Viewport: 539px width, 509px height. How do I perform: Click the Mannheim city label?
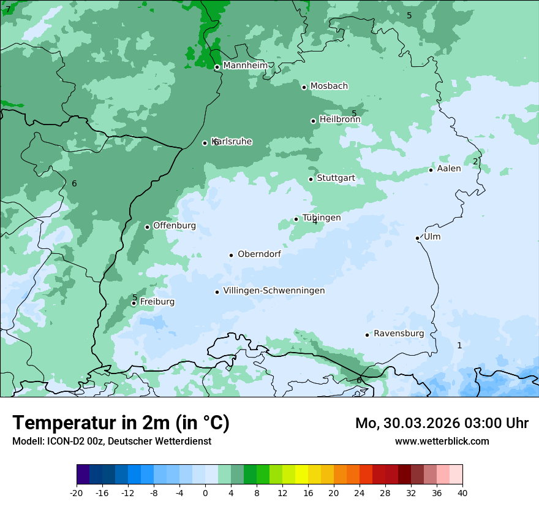pyautogui.click(x=245, y=65)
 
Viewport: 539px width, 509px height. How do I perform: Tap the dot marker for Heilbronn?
pyautogui.click(x=313, y=121)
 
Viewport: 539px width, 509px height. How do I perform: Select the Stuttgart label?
pyautogui.click(x=336, y=178)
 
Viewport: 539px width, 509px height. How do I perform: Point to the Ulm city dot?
pyautogui.click(x=417, y=238)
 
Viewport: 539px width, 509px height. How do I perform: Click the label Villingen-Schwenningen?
pyautogui.click(x=274, y=291)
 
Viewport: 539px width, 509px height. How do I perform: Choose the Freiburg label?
pyautogui.click(x=157, y=302)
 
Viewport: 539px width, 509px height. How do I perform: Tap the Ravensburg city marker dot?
pyautogui.click(x=367, y=335)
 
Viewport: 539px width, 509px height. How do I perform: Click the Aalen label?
pyautogui.click(x=448, y=169)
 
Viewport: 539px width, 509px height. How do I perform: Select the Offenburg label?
pyautogui.click(x=174, y=226)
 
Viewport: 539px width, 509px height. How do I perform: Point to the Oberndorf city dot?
pyautogui.click(x=231, y=255)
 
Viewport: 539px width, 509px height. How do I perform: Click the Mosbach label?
pyautogui.click(x=329, y=86)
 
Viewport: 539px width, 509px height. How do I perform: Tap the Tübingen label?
pyautogui.click(x=322, y=218)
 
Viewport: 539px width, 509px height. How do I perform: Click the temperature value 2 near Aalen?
pyautogui.click(x=475, y=162)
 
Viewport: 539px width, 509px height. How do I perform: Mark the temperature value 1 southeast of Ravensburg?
pyautogui.click(x=459, y=345)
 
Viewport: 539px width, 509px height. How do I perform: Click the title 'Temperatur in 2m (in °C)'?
pyautogui.click(x=121, y=423)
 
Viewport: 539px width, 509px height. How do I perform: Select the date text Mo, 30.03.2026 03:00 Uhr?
pyautogui.click(x=442, y=423)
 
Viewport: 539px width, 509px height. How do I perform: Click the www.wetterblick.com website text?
pyautogui.click(x=442, y=441)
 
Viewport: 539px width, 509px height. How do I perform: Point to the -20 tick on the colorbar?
pyautogui.click(x=77, y=492)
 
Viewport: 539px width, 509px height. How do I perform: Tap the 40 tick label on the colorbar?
pyautogui.click(x=462, y=492)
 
